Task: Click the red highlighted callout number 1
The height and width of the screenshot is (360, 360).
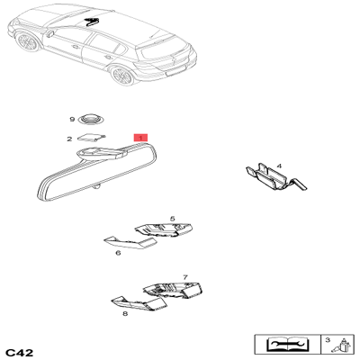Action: (139, 138)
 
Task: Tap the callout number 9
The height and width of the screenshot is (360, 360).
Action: (72, 120)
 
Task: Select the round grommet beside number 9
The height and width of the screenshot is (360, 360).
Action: (91, 119)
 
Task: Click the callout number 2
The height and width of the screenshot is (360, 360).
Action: (69, 139)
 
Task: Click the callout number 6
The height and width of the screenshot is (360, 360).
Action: (118, 253)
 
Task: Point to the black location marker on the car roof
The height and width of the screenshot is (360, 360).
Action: (91, 19)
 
